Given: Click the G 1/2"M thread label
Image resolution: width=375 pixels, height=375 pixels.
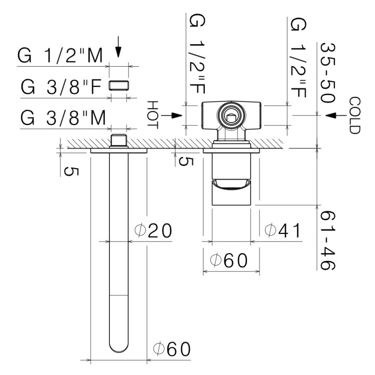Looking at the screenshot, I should [60, 56].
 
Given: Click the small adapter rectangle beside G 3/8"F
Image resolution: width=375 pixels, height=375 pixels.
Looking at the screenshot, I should [120, 85].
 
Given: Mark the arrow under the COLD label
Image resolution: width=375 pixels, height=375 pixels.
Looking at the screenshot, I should [330, 115].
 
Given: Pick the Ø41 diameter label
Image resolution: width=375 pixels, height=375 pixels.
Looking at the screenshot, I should [283, 230].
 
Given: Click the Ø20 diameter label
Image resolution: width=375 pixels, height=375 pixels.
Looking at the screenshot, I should [153, 230].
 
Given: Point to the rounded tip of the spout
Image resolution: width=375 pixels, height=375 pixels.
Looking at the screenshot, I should [119, 346].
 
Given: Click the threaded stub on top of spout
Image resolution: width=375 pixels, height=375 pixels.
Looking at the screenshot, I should [119, 141].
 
